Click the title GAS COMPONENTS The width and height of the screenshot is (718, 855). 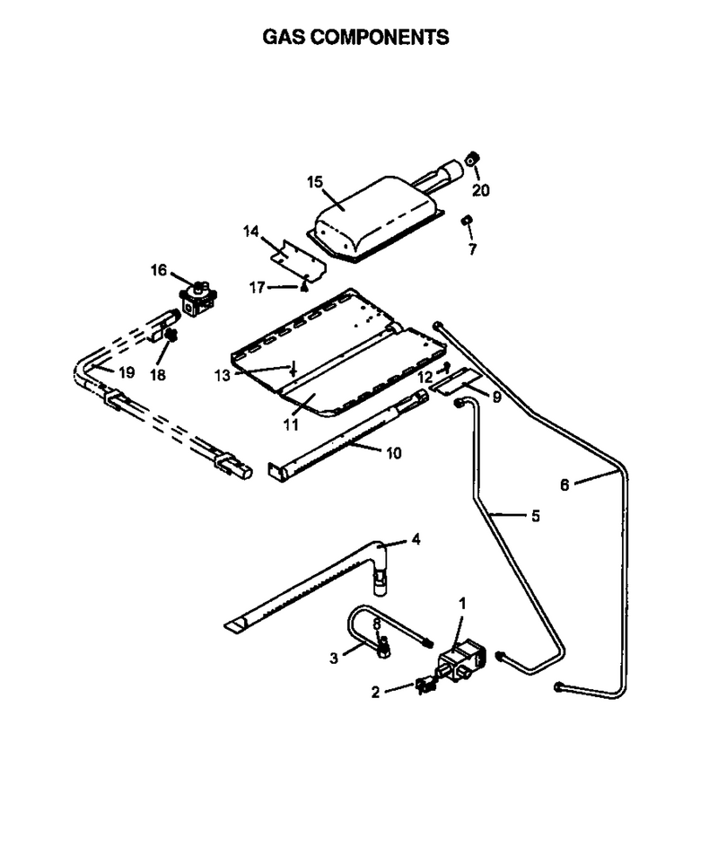point(355,37)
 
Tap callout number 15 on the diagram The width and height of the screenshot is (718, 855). point(315,182)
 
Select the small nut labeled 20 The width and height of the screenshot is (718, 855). point(472,159)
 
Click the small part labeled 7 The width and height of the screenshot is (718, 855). point(467,221)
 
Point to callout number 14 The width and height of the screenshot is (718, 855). point(251,231)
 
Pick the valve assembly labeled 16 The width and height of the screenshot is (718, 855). point(198,300)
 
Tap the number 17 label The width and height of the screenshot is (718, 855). point(257,287)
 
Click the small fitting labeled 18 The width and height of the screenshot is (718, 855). point(171,335)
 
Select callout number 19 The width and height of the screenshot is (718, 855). point(127,372)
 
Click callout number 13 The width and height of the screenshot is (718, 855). point(223,375)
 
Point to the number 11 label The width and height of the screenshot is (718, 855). point(291,424)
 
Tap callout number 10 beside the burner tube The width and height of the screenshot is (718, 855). point(394,452)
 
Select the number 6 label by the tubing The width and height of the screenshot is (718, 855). point(565,484)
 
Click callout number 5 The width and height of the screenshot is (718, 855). point(535,515)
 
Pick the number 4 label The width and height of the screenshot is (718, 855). point(416,540)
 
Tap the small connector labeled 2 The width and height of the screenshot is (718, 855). point(425,685)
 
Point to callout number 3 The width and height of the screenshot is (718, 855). point(334,659)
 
